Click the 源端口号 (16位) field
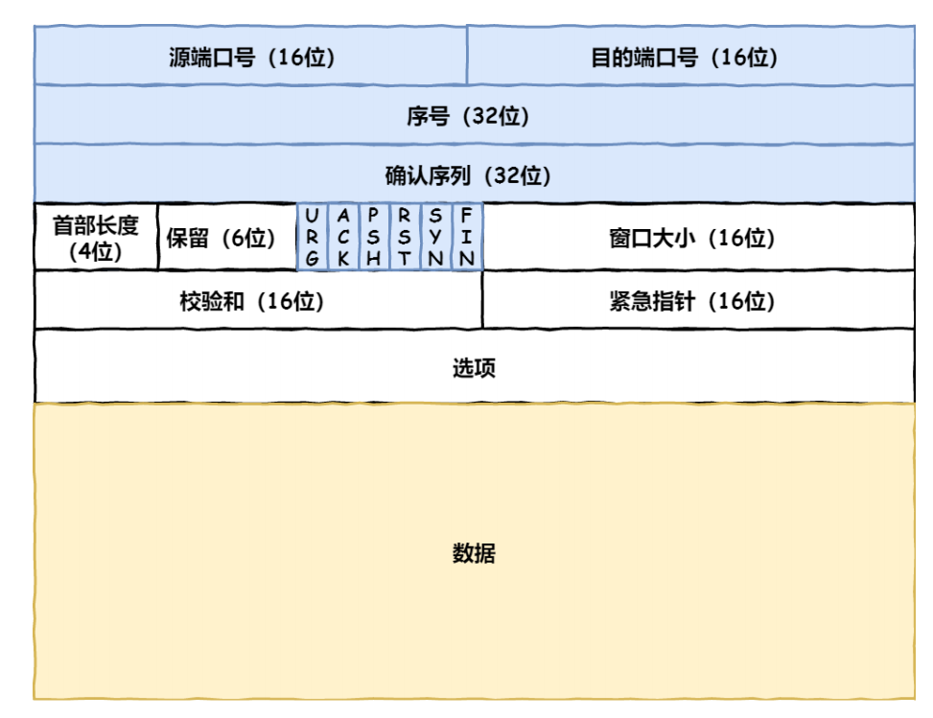pos(250,56)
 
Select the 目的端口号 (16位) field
pos(690,56)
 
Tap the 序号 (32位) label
pos(468,116)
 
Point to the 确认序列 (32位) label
pos(468,175)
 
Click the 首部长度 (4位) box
pos(97,238)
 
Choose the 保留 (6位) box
pos(228,238)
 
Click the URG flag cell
pos(313,238)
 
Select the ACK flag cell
pos(343,238)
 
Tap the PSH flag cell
pos(374,238)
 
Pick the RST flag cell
pos(406,238)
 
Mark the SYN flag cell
pos(436,238)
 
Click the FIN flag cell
pos(467,238)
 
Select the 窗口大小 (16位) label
pos(692,238)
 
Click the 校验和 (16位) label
pos(251,301)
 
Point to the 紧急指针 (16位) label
pos(692,301)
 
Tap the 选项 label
pos(474,367)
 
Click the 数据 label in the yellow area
pos(474,552)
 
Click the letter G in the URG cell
pos(313,259)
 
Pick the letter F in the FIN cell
pos(467,215)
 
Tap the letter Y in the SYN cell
pos(435,237)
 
